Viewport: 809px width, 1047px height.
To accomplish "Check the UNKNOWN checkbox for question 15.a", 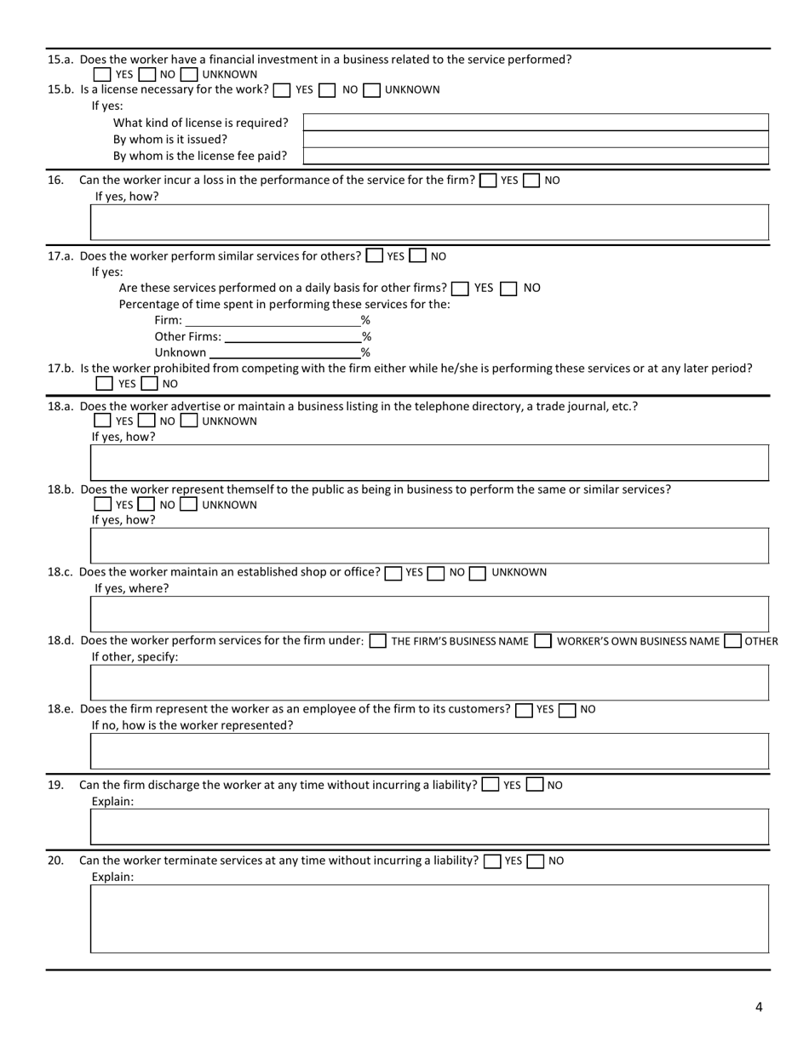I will point(189,75).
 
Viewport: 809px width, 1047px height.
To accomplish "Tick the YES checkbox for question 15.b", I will point(283,90).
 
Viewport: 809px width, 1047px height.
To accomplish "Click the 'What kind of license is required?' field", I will point(536,123).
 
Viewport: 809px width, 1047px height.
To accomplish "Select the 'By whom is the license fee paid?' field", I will point(536,156).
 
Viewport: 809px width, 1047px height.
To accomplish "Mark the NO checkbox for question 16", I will point(531,180).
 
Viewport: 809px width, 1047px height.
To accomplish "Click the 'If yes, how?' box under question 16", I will point(429,222).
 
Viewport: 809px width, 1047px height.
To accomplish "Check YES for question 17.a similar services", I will point(374,255).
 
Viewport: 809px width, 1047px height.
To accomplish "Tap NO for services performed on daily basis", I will point(509,289).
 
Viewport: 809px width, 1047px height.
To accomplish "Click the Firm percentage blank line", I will point(272,320).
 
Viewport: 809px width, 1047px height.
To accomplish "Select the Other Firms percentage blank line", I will point(292,336).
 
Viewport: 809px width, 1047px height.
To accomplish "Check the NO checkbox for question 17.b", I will point(149,384).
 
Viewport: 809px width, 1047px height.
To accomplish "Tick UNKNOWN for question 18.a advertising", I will point(189,421).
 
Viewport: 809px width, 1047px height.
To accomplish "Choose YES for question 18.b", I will point(103,505).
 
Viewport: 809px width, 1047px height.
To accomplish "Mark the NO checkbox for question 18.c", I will point(436,573).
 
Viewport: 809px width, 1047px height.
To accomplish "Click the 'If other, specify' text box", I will point(429,683).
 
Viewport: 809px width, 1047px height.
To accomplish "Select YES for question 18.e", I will point(525,710).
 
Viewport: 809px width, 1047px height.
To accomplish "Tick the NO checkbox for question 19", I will point(535,785).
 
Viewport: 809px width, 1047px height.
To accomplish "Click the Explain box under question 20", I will point(429,918).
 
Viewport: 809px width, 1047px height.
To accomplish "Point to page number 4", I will point(759,1008).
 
